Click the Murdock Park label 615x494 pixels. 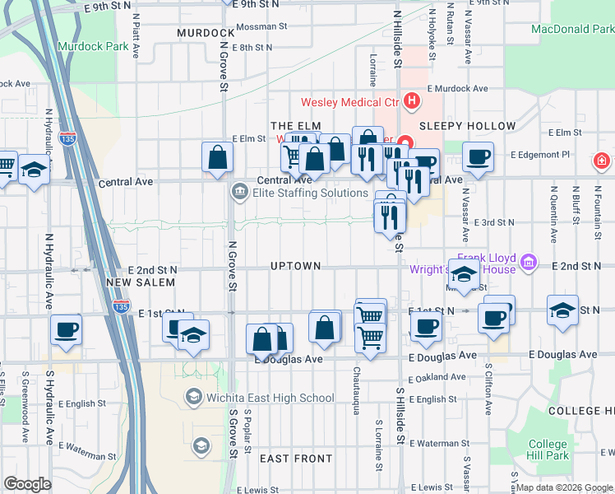[x=93, y=46]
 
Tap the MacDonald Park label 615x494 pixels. [x=572, y=29]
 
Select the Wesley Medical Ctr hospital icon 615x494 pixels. [x=412, y=103]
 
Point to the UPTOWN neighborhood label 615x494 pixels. [x=295, y=266]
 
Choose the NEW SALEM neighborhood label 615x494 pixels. [x=141, y=282]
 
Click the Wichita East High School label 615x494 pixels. [x=259, y=398]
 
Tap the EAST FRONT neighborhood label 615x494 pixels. [x=296, y=458]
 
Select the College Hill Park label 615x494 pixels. [x=548, y=450]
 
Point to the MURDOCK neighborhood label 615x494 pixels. [x=206, y=33]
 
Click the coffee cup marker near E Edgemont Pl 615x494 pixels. [x=477, y=156]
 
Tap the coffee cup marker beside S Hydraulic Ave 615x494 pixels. [x=66, y=329]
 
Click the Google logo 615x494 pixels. [x=27, y=484]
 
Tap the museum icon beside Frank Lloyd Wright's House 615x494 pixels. [x=529, y=263]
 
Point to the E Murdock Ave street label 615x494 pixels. [x=457, y=88]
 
